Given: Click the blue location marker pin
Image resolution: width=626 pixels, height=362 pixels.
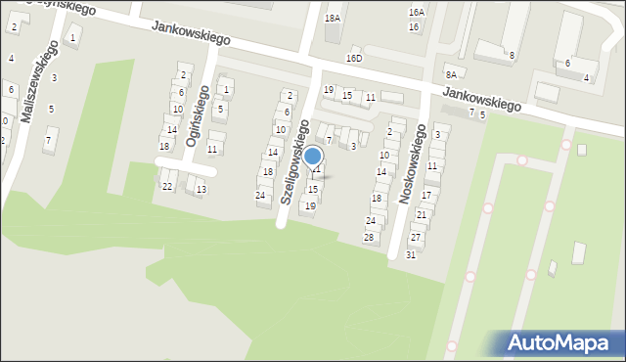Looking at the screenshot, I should coord(312,157).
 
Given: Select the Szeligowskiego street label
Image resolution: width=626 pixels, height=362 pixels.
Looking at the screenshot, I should coord(293,161).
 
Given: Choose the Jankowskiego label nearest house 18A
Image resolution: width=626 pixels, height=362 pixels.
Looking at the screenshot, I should coord(191,33).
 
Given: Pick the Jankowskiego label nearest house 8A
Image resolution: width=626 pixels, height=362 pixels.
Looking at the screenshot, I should coord(480,97).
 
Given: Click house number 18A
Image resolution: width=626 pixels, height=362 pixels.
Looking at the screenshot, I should coord(333,18).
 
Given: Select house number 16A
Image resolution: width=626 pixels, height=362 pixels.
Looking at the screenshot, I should coord(417,13).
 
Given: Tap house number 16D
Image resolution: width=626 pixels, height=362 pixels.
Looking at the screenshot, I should coord(354,59).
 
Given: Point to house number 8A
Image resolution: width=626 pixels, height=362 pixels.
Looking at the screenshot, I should coord(450,74).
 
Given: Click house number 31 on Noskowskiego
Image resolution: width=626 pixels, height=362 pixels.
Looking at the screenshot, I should coord(411,254).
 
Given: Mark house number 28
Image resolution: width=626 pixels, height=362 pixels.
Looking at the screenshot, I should coord(369,238).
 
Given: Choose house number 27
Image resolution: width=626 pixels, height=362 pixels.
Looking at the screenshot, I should coord(416,238).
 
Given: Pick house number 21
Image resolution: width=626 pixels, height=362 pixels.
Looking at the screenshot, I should coord(422,214).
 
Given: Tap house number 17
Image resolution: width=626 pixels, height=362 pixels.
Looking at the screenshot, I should coord(425,196).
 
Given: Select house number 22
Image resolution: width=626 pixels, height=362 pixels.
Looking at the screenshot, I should coord(167,186).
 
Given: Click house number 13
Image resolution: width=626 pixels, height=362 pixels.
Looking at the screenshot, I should coord(201,189).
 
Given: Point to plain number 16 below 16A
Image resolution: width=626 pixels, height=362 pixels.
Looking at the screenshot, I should coord(414,26).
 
